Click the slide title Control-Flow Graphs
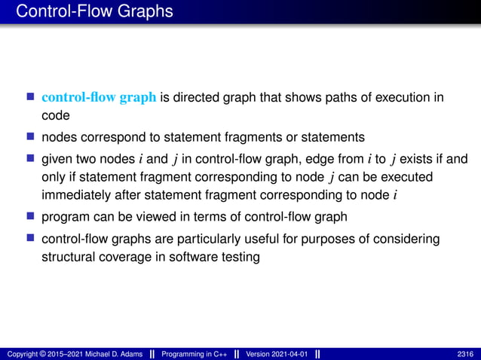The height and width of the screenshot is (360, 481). (x=94, y=11)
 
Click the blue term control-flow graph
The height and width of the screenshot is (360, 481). (x=100, y=97)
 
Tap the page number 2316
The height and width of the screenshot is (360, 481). (x=466, y=354)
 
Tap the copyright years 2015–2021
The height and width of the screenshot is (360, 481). (x=68, y=354)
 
